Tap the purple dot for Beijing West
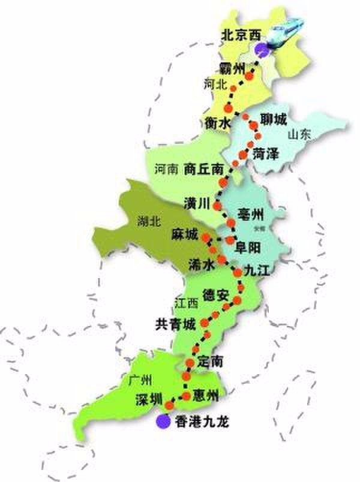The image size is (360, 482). pyautogui.click(x=260, y=50)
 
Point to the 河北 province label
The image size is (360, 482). pyautogui.click(x=215, y=85)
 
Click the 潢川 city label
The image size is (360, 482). pyautogui.click(x=198, y=203)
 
